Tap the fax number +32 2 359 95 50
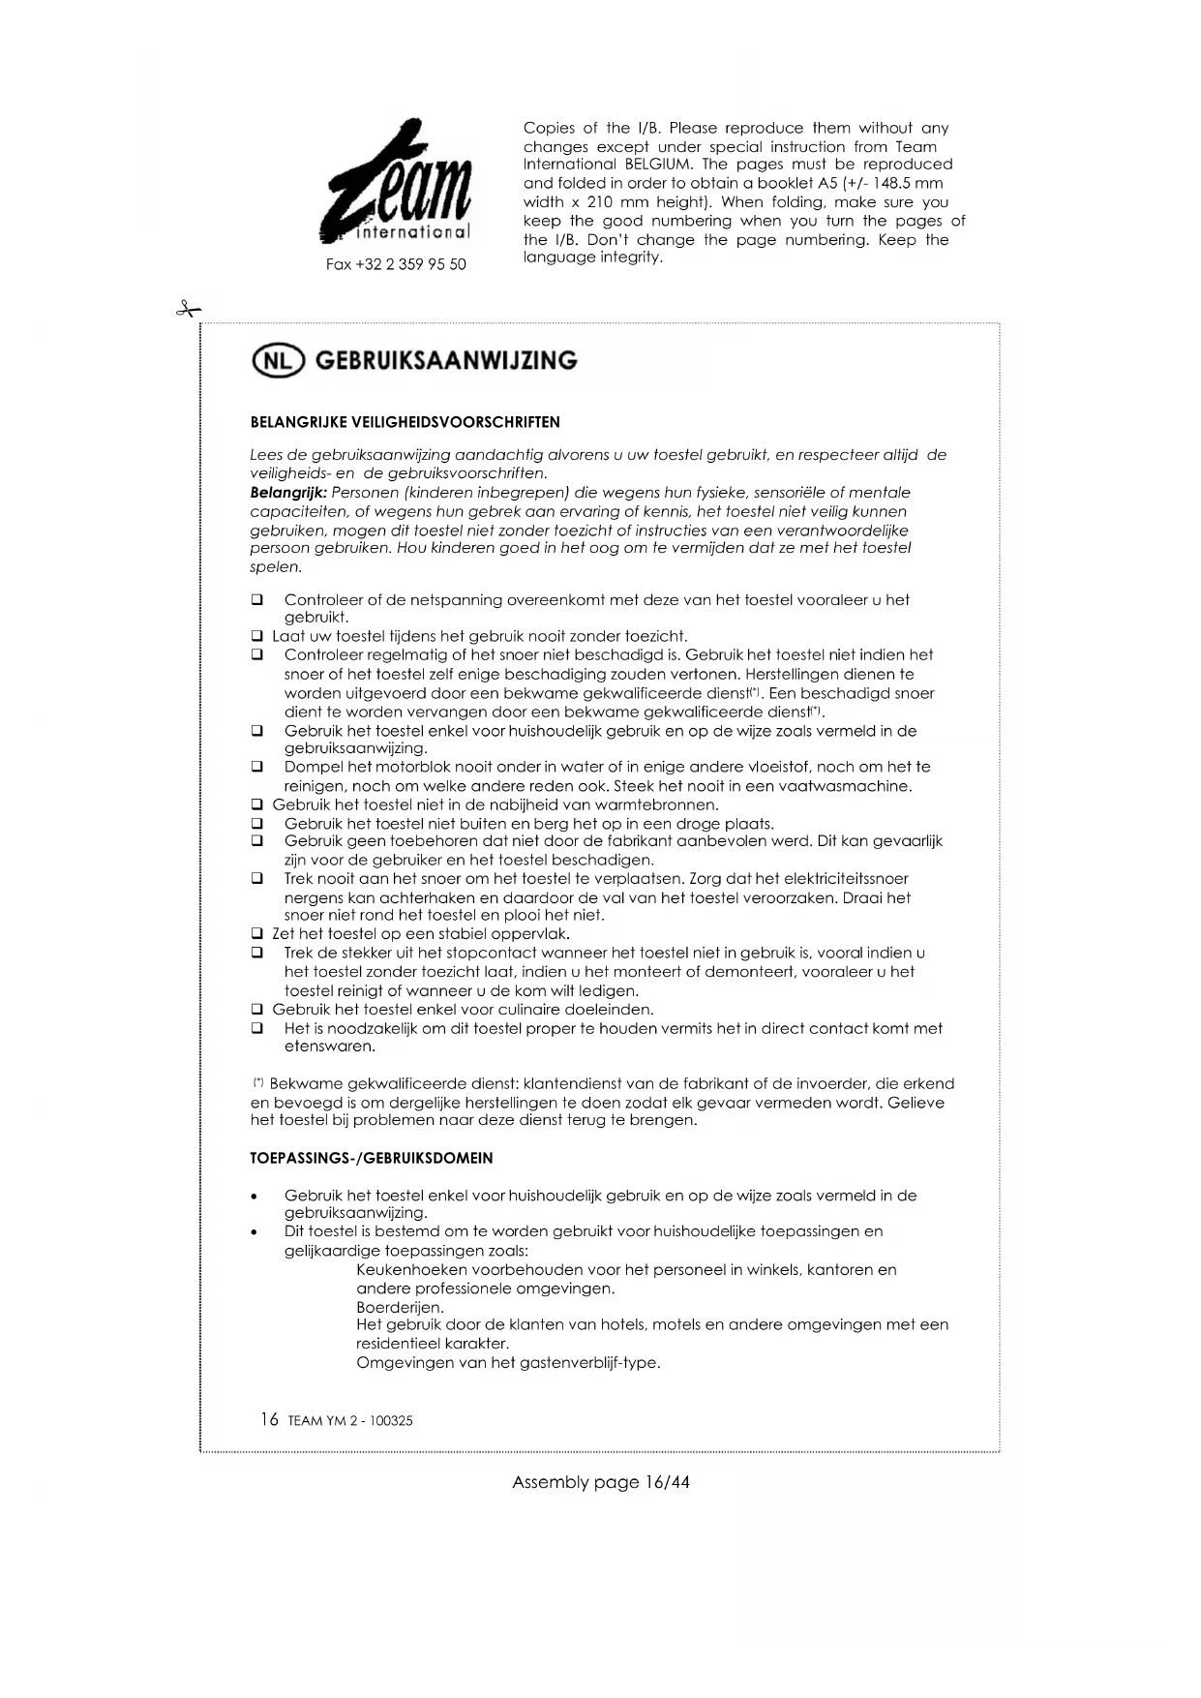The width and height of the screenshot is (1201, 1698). point(396,264)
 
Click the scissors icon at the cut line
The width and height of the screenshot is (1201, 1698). point(188,310)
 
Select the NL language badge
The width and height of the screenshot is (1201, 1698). point(278,361)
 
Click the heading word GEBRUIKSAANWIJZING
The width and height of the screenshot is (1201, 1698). point(446,361)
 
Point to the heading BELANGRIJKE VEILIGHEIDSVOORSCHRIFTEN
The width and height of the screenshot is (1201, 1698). point(405,422)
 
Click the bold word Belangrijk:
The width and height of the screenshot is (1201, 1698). point(288,493)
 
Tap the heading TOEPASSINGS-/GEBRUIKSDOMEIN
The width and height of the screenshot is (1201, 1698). point(372,1158)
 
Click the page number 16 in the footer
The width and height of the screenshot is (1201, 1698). point(269,1419)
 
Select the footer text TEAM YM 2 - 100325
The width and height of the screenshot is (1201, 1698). point(350,1421)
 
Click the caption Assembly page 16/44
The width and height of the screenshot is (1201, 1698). point(600,1482)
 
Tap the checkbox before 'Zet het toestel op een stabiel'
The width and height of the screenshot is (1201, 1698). point(257,934)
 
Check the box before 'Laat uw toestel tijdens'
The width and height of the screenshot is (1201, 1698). point(257,637)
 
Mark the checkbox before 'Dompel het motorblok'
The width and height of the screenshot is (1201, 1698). point(257,767)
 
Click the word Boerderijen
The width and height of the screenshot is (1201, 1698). point(400,1307)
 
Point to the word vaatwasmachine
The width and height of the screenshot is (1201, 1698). point(851,786)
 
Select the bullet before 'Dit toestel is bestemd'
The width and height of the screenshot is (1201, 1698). point(254,1233)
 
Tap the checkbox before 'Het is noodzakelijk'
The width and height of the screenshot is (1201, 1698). point(257,1028)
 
